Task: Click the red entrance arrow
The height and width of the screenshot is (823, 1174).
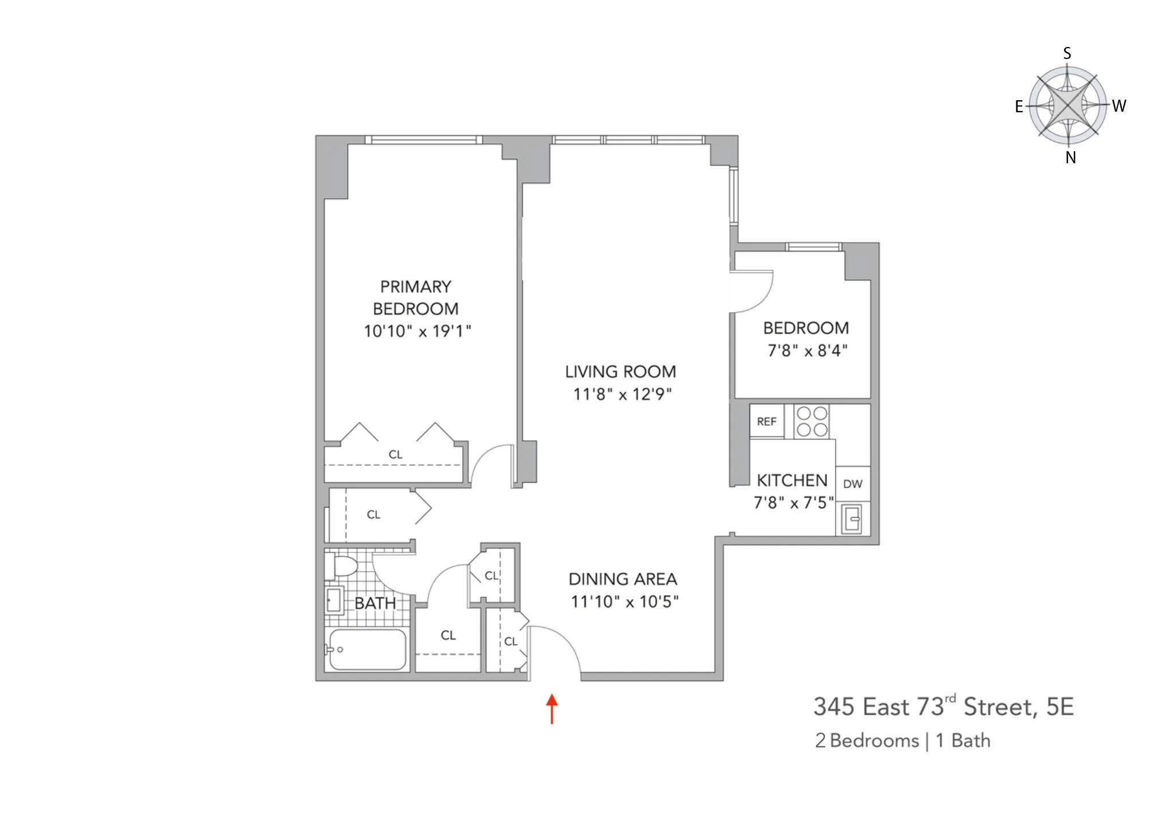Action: point(551,709)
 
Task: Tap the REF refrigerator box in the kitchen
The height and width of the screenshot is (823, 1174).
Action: point(766,422)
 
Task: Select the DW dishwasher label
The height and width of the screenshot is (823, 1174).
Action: point(852,484)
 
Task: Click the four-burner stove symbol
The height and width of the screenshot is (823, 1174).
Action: point(811,422)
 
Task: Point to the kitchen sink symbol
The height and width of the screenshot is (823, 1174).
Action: point(852,519)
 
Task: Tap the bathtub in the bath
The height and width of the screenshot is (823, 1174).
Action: point(367,649)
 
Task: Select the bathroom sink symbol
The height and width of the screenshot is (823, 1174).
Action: point(333,601)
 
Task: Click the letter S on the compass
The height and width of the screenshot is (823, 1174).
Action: point(1067,53)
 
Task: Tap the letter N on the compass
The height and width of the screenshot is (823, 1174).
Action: point(1070,158)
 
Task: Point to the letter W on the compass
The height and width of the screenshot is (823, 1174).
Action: point(1119,106)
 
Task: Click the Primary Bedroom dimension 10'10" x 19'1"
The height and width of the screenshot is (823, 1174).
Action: point(417,331)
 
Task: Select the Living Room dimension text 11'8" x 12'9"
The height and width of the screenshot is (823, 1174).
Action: point(622,394)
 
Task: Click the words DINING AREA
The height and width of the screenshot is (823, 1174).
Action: point(623,579)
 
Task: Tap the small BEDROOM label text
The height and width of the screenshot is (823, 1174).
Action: point(806,328)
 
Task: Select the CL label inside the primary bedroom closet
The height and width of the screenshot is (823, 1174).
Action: point(395,455)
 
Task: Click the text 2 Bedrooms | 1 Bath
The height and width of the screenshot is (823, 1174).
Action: point(903,741)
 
